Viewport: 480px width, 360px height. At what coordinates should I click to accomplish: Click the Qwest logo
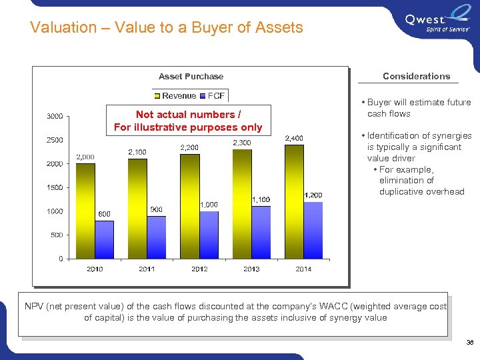tap(437, 23)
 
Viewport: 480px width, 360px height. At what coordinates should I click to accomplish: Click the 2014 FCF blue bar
tap(313, 230)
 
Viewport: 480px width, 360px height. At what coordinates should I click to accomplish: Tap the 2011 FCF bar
tap(156, 237)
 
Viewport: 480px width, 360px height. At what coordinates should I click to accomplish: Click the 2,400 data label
tap(294, 138)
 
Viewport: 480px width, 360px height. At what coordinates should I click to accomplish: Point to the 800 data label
tap(104, 214)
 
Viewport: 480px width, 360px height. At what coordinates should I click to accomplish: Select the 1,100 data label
tap(261, 199)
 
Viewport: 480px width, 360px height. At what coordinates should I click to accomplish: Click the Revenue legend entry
tap(175, 96)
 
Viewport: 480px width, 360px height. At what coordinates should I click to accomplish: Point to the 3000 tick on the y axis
tap(55, 116)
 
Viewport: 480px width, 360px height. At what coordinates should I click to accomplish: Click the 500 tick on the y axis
tap(57, 235)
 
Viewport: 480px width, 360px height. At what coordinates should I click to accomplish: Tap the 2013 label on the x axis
tap(251, 269)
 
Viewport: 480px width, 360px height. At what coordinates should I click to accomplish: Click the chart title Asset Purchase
tap(191, 76)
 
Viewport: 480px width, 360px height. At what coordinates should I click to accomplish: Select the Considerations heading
tap(416, 76)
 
